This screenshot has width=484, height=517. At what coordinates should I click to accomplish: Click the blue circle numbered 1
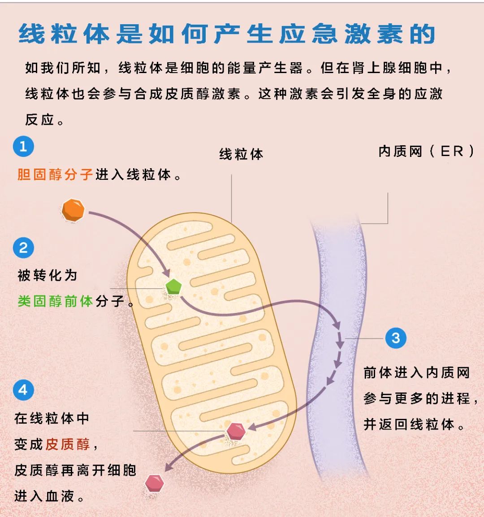point(23,146)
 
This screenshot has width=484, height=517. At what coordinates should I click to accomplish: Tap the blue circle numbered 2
point(23,248)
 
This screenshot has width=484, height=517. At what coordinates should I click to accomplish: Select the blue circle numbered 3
point(396,338)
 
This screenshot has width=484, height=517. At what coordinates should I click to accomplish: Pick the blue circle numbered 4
point(23,390)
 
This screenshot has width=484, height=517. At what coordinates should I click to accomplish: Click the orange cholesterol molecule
point(73,210)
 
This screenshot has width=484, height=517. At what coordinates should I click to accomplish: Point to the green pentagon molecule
point(173,287)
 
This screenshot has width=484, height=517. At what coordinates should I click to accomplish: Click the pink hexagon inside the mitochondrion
point(236,431)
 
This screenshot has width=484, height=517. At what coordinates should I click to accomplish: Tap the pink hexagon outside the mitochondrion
point(155,483)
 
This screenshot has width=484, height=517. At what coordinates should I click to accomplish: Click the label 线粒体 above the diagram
point(241,154)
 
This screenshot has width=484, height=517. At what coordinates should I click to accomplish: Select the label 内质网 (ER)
point(426,152)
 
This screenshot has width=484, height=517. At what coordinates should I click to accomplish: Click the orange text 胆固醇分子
point(55,174)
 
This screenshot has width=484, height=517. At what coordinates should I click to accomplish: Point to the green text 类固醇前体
point(55,301)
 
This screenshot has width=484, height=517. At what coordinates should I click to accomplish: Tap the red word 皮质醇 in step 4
point(68,444)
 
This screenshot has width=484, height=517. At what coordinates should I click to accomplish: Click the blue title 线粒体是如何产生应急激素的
point(227,34)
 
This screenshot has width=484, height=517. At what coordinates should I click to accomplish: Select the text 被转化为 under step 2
point(47,275)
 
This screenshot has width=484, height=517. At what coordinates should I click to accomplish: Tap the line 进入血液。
point(49,496)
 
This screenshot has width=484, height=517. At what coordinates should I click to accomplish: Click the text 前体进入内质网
point(416,373)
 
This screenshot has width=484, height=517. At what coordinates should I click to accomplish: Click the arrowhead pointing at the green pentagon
point(167,273)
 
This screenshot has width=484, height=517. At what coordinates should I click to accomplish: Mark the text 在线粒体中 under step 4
point(52,418)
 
